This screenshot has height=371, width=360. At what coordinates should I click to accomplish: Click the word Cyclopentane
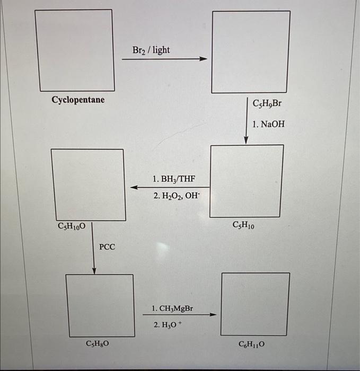point(78,100)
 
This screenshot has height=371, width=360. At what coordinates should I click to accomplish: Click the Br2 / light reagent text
point(151,49)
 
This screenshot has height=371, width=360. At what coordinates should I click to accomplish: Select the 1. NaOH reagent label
point(268,124)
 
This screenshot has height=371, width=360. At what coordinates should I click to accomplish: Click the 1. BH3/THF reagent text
point(173,178)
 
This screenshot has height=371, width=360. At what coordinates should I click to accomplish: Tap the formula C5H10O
point(72,226)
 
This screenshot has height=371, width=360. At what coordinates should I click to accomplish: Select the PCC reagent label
point(107,246)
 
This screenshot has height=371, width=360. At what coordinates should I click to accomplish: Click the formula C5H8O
point(99,343)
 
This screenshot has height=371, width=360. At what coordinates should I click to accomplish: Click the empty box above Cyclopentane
point(75,50)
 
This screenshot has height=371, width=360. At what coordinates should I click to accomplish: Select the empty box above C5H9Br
point(251,52)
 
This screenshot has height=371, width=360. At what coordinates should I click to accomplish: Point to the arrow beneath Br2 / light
point(163,59)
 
